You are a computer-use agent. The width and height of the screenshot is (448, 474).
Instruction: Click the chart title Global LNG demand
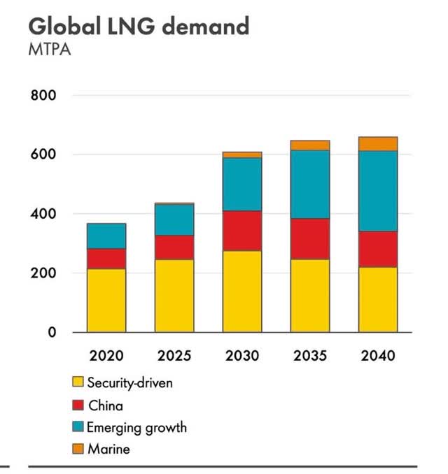[139, 26]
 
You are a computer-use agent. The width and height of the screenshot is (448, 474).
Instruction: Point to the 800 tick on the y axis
[43, 95]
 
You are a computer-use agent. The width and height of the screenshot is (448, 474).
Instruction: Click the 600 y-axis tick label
[43, 155]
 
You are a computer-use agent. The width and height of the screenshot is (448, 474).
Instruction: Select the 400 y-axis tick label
[43, 214]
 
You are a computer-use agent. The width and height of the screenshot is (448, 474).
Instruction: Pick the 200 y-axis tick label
[43, 273]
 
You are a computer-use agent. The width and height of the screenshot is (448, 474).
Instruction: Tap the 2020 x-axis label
[106, 356]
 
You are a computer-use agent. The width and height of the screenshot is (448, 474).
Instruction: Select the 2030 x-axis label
[242, 356]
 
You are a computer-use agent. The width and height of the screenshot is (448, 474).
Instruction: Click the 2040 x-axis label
[378, 356]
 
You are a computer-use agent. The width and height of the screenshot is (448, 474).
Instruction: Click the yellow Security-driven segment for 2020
[106, 301]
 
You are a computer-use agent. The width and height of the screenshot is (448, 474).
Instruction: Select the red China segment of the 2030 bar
[242, 231]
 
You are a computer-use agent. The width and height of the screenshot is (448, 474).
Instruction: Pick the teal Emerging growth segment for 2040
[378, 191]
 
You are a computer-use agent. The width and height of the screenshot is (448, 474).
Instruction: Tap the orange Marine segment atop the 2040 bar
[378, 143]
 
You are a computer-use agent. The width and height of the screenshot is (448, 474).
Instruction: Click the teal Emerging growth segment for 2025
[174, 220]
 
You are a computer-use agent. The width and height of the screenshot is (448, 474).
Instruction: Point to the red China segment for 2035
[310, 239]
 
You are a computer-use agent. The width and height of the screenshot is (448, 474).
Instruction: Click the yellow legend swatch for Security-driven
[78, 382]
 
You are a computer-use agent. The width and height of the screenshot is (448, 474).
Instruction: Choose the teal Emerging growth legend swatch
[78, 426]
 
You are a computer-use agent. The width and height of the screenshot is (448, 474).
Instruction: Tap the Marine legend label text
[108, 449]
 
